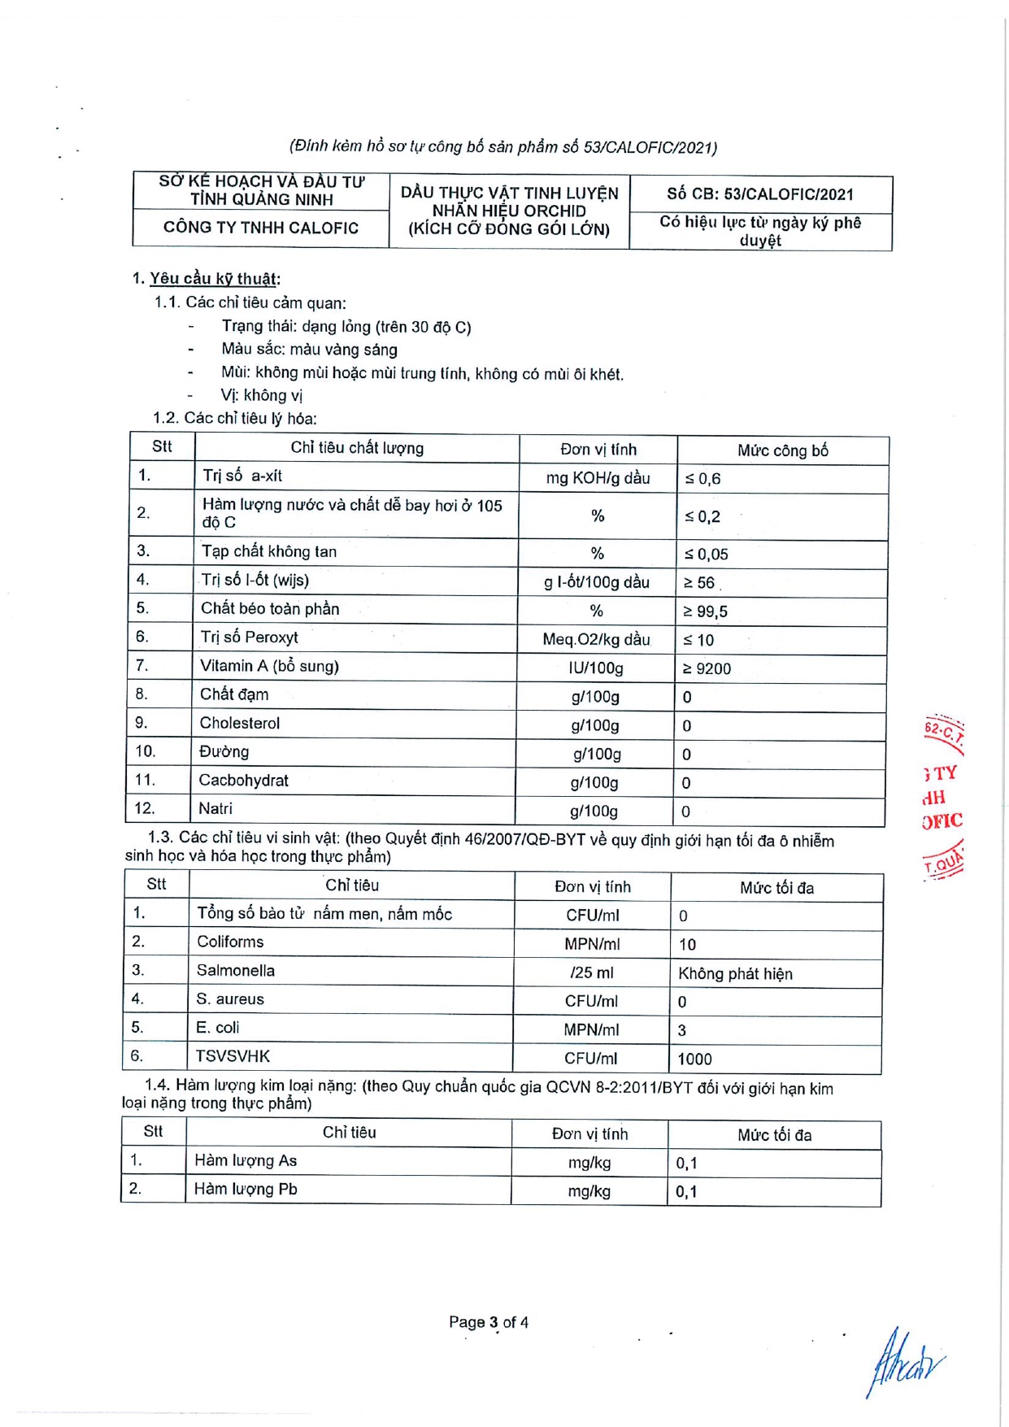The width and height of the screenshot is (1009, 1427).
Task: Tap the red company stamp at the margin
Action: pyautogui.click(x=943, y=797)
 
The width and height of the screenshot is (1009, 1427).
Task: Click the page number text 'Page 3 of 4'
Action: pyautogui.click(x=488, y=1322)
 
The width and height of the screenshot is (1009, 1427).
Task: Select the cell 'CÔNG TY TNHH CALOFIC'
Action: pyautogui.click(x=260, y=228)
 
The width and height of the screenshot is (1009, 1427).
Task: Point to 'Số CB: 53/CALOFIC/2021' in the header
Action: pyautogui.click(x=760, y=194)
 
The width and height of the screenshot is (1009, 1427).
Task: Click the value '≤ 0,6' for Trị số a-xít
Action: pyautogui.click(x=703, y=479)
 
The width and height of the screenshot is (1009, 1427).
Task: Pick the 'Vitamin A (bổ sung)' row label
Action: pyautogui.click(x=269, y=666)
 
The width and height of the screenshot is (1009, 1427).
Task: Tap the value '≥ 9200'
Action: pyautogui.click(x=707, y=669)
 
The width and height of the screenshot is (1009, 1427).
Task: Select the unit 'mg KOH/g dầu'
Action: pyautogui.click(x=598, y=478)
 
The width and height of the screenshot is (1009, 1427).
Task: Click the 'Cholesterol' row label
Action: pyautogui.click(x=240, y=723)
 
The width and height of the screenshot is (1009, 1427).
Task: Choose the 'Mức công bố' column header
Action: pyautogui.click(x=782, y=450)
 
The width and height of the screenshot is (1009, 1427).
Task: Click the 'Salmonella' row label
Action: pyautogui.click(x=236, y=970)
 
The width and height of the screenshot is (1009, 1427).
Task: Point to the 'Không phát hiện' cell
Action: pyautogui.click(x=735, y=973)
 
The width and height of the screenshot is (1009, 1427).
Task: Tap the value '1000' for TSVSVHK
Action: pyautogui.click(x=694, y=1059)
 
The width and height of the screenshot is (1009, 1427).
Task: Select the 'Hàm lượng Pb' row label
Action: pyautogui.click(x=246, y=1189)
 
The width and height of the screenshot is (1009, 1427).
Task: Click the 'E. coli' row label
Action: pyautogui.click(x=218, y=1028)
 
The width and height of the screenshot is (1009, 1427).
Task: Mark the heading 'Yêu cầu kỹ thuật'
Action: pyautogui.click(x=214, y=279)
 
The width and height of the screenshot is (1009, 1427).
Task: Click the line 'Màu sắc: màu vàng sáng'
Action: pyautogui.click(x=309, y=350)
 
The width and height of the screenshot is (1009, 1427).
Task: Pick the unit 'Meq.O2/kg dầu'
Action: pyautogui.click(x=596, y=640)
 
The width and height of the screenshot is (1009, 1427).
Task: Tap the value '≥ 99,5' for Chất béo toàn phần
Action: pyautogui.click(x=705, y=611)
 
